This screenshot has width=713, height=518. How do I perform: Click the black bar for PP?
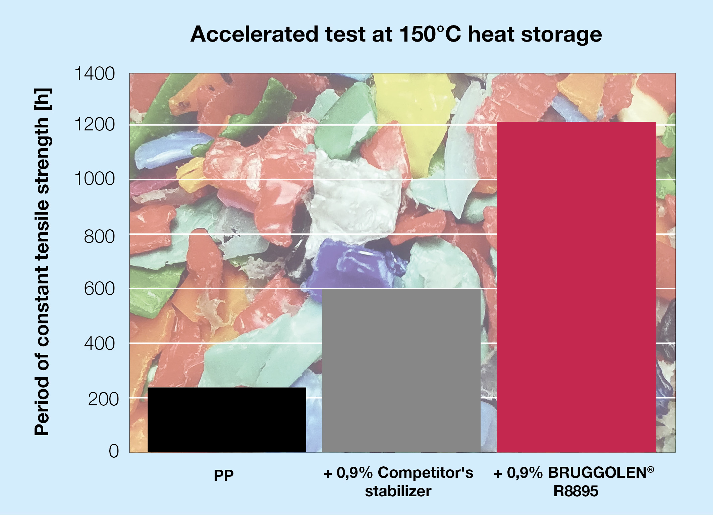click(x=227, y=420)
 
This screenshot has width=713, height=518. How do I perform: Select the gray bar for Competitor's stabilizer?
click(x=401, y=370)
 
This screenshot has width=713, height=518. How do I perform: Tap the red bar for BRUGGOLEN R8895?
click(x=576, y=287)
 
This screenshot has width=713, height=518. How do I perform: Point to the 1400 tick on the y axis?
click(x=95, y=73)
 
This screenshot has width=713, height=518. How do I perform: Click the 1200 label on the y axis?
click(x=95, y=124)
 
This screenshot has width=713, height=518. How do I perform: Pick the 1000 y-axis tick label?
click(x=95, y=178)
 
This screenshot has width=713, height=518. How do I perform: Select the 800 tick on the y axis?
click(x=99, y=237)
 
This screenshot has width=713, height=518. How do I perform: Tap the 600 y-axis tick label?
click(x=99, y=289)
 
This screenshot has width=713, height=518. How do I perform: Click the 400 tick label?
click(x=99, y=344)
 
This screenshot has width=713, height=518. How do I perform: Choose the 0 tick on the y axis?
click(x=114, y=451)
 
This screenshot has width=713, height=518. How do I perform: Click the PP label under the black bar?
click(x=224, y=475)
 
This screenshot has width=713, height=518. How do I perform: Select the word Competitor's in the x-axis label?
click(x=425, y=473)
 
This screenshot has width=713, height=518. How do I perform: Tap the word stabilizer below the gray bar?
click(x=398, y=491)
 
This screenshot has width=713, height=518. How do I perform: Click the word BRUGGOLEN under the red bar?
click(x=597, y=473)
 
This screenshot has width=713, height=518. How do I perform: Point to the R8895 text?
click(x=576, y=491)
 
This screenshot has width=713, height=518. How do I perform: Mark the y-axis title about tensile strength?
click(x=43, y=262)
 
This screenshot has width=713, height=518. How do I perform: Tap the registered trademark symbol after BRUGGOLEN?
click(x=651, y=469)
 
